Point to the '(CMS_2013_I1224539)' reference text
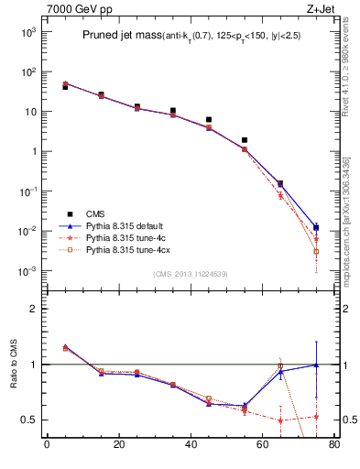(190, 273)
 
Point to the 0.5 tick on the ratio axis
(33, 420)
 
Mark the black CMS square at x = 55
(245, 140)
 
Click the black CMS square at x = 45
(209, 120)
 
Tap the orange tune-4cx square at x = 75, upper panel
(316, 251)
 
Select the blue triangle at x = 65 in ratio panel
(280, 371)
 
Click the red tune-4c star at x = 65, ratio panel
(280, 420)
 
